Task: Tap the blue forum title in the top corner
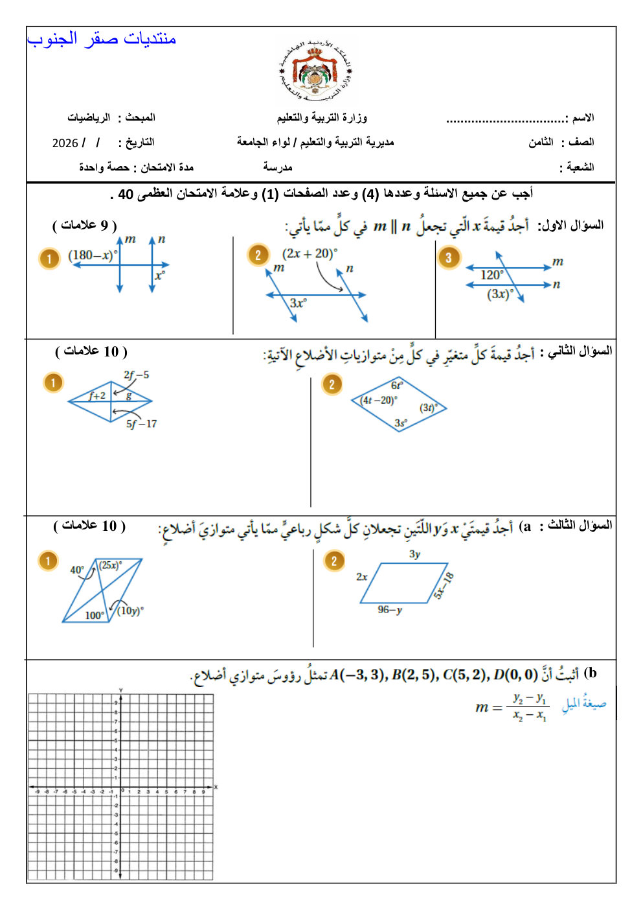pos(102,40)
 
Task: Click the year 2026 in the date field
pos(65,143)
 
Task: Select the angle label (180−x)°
pos(93,255)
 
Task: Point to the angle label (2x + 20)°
pos(309,253)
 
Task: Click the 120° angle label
pos(491,275)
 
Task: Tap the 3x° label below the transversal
pos(298,303)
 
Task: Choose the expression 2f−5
pos(136,375)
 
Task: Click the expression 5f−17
pos(141,424)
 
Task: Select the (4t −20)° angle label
pos(379,401)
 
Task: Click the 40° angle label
pos(77,570)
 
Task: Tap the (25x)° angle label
pos(110,565)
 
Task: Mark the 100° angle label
pos(95,615)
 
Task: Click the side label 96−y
pos(390,610)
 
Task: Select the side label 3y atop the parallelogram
pos(414,554)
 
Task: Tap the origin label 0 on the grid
pos(123,791)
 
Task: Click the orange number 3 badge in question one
pos(448,258)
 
